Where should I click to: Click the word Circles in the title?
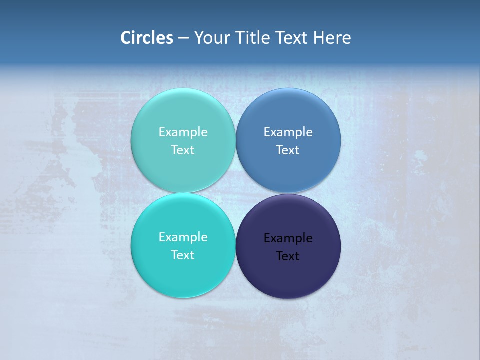147,38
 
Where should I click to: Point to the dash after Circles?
183,38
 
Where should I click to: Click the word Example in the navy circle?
288,238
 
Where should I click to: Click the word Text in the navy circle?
288,256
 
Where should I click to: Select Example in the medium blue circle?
288,132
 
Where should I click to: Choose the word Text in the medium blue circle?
288,150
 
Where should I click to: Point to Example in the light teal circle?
183,132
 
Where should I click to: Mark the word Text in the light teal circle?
183,150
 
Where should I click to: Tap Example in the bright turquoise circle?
183,237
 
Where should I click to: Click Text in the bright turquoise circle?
183,255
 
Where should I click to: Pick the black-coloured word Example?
288,238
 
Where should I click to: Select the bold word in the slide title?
147,38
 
